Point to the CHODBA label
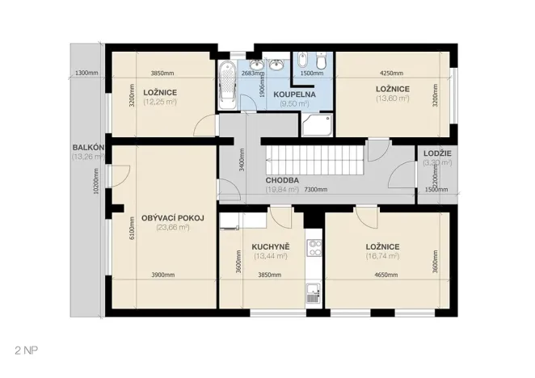[282, 180]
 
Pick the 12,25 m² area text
[159, 103]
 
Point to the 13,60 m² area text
[392, 99]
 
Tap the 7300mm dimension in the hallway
[316, 190]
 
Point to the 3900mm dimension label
[163, 275]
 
